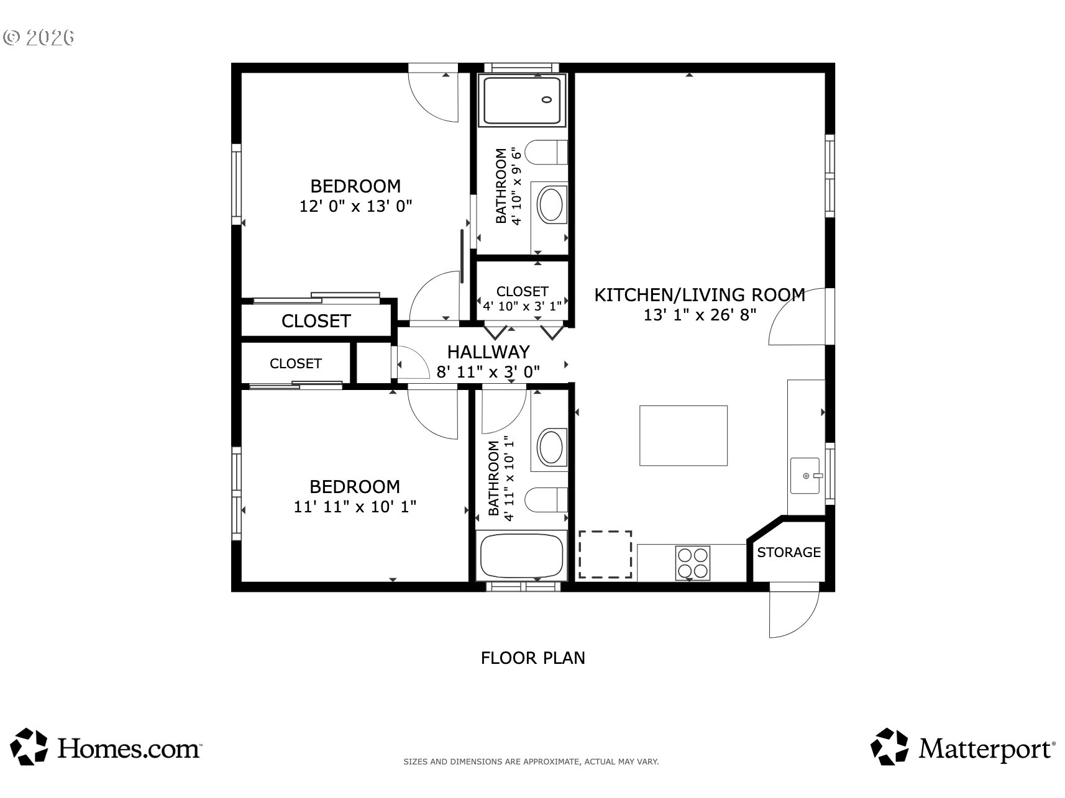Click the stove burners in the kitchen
click(693, 563)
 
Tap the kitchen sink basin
click(805, 476)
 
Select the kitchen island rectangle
click(683, 435)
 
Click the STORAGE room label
click(788, 552)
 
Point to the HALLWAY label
click(488, 352)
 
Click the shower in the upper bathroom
click(525, 100)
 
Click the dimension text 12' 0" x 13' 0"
click(356, 206)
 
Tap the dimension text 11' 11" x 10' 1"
click(355, 507)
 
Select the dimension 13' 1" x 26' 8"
click(700, 315)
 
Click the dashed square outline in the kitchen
click(605, 555)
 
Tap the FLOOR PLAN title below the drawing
click(533, 658)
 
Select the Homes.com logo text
click(129, 748)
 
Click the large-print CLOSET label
click(316, 321)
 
